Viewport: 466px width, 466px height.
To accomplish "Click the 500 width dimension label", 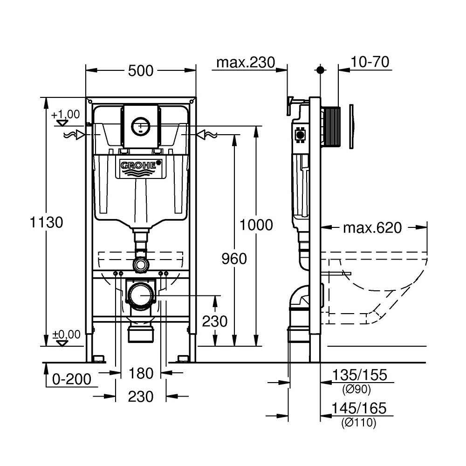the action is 141,71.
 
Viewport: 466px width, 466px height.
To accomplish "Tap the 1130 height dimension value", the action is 47,222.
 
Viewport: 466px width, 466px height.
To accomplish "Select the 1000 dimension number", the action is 256,225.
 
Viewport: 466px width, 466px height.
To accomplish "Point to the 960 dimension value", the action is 234,259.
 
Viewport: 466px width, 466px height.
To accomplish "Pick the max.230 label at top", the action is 246,63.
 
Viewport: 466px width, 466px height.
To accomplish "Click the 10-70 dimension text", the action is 370,62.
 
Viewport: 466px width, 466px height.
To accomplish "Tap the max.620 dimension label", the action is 372,228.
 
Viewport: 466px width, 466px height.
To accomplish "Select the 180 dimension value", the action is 141,374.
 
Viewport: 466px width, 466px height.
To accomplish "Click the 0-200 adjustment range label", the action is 72,379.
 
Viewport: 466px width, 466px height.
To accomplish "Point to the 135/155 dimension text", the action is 360,375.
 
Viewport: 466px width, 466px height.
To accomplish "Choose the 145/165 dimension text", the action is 359,408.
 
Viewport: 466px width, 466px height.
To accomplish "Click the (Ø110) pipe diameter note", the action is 359,422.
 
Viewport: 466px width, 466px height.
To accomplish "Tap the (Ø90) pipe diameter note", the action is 356,389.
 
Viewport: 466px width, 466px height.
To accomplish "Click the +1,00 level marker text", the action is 66,114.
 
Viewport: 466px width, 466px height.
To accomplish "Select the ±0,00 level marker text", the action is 66,334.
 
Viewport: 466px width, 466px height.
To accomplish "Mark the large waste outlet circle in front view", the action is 140,295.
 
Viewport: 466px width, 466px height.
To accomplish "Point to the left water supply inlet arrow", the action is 74,135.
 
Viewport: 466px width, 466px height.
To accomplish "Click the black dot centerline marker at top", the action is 320,70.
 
